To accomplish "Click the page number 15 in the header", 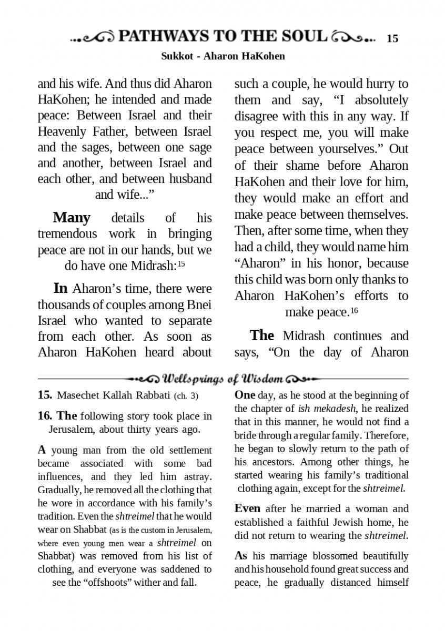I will tap(392, 38).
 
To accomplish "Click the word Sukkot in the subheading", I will tap(175, 56).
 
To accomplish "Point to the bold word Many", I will tap(72, 218).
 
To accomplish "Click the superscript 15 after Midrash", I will tap(181, 264).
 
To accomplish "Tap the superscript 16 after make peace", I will tap(354, 311).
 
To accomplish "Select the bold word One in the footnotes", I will tap(245, 395).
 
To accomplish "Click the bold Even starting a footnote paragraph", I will tap(247, 508).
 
